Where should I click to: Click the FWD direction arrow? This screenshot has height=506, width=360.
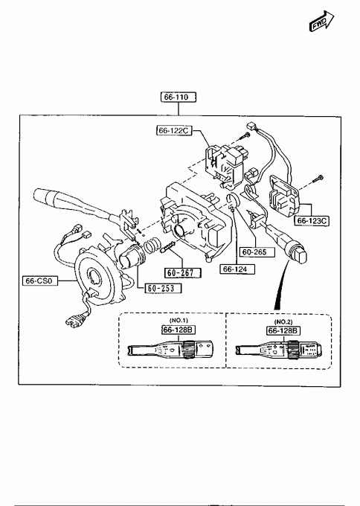(321, 21)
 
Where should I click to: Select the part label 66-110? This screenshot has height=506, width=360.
(179, 97)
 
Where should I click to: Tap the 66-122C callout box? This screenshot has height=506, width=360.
(174, 130)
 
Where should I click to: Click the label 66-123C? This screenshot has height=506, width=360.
(312, 221)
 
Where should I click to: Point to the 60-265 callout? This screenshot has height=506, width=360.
(257, 252)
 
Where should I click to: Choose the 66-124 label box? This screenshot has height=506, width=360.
(237, 269)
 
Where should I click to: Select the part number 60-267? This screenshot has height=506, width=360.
(182, 273)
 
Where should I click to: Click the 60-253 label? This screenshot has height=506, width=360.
(163, 288)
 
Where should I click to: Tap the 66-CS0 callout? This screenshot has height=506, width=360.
(40, 281)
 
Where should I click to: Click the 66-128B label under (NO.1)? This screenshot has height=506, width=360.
(179, 330)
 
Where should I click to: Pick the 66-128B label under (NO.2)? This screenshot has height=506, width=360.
(283, 330)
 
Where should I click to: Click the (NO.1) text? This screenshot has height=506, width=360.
(179, 320)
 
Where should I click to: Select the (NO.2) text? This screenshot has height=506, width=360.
(283, 321)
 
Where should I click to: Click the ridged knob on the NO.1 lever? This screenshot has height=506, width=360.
(187, 350)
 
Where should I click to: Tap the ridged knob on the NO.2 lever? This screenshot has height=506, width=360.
(293, 350)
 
